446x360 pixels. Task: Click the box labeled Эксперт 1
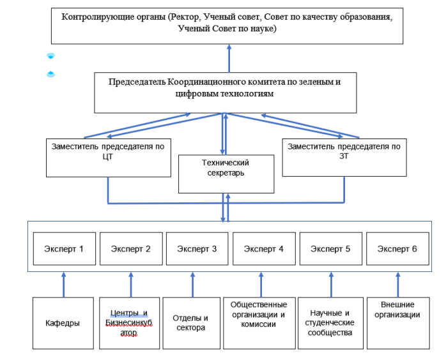[65, 249]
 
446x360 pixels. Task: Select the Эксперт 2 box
[131, 249]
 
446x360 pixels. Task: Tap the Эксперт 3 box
[197, 249]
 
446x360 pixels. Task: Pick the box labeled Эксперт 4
[263, 249]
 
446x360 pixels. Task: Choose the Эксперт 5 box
[330, 249]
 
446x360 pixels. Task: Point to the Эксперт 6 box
[397, 249]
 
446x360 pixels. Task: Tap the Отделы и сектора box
[190, 323]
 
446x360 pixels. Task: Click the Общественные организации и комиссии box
[259, 323]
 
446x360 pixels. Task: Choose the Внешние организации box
[397, 323]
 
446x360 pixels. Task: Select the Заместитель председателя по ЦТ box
[107, 157]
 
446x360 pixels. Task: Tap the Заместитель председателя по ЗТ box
[344, 157]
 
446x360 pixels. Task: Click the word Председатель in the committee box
[137, 82]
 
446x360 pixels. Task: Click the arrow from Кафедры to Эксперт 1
[64, 284]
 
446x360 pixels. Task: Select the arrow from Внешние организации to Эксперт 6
[397, 284]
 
